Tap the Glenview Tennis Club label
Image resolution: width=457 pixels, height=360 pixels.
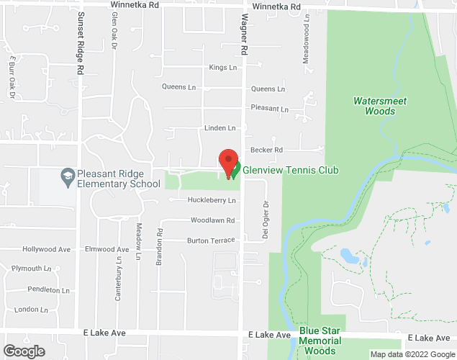coord(290,171)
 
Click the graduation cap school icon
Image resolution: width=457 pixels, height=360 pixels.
coord(66,175)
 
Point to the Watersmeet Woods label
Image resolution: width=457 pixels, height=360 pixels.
coord(375,106)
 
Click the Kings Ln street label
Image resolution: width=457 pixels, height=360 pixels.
coord(222,68)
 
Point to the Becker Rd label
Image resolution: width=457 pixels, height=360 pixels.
coord(266,150)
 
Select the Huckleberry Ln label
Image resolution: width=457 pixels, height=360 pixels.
coord(212,200)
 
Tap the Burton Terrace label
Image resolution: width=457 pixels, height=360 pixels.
coord(211,240)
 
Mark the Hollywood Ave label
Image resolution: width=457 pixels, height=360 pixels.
coord(47,249)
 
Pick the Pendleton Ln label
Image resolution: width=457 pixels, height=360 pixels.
coord(50,290)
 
